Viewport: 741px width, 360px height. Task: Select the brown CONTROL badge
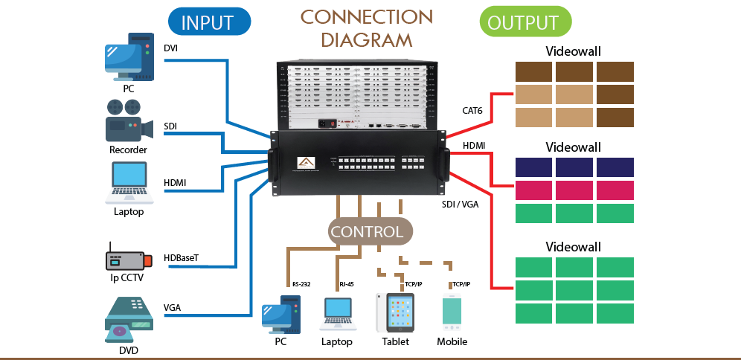(x=367, y=231)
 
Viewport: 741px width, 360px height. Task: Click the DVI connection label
(x=171, y=49)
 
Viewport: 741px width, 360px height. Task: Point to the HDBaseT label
(x=182, y=259)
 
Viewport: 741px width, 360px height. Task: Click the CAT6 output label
(x=473, y=111)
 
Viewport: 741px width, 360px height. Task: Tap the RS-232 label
(x=301, y=284)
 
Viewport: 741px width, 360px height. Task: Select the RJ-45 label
(x=347, y=284)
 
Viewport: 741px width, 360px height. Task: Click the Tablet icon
(x=395, y=312)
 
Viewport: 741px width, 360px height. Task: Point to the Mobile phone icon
(x=452, y=312)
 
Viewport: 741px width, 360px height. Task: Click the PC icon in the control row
(x=280, y=315)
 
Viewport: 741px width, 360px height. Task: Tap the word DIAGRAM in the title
(x=367, y=39)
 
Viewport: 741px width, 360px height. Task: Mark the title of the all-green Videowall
(x=574, y=246)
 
